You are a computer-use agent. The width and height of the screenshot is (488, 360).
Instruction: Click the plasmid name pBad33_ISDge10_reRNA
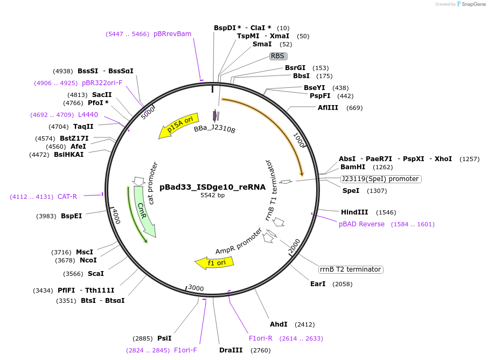click(x=212, y=187)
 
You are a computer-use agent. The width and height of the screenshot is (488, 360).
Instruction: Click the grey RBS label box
click(x=278, y=56)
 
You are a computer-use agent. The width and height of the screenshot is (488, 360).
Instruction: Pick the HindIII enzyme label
click(x=354, y=212)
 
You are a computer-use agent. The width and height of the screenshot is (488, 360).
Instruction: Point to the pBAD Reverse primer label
click(x=361, y=224)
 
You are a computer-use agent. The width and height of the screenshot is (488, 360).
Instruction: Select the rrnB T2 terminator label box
click(x=350, y=269)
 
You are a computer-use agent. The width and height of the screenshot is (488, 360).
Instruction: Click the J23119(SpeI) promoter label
click(x=380, y=179)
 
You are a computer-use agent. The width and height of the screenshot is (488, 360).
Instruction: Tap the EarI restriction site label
click(x=318, y=284)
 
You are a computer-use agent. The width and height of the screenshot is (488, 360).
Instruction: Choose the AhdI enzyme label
click(x=279, y=324)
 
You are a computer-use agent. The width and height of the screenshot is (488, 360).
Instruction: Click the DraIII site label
click(x=231, y=350)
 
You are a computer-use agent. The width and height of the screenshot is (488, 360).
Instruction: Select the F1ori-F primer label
click(x=185, y=350)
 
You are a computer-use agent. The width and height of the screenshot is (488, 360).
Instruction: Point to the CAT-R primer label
click(x=67, y=197)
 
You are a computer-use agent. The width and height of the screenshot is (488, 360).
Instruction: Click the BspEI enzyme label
click(x=71, y=216)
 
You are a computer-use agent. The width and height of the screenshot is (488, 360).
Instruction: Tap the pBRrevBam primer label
click(x=172, y=34)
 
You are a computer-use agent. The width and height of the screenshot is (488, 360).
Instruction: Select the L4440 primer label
click(x=88, y=115)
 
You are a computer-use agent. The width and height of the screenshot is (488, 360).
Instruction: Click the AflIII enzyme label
click(x=328, y=108)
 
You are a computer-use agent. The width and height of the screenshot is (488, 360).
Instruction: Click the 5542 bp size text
click(x=212, y=196)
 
